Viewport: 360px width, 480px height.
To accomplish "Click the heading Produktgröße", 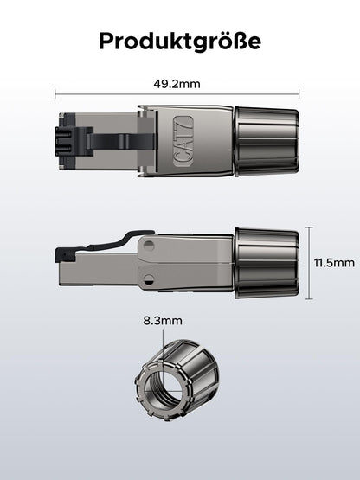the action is (x=180, y=42).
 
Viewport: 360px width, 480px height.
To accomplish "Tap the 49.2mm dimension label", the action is (x=177, y=84).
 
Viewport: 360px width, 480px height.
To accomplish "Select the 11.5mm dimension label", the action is (x=334, y=263).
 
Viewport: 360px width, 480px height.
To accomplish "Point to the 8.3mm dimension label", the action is (x=163, y=321).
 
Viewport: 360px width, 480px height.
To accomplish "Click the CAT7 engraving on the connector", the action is (x=183, y=141).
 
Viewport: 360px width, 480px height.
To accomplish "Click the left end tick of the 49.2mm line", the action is (x=55, y=94).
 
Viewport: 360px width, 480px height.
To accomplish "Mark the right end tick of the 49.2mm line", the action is (x=299, y=94).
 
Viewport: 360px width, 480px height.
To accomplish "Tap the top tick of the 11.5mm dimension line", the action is (x=310, y=227).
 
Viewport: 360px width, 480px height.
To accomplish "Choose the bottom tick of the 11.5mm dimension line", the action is (x=310, y=298).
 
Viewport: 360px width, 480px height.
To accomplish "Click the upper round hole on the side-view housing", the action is (x=149, y=245).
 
